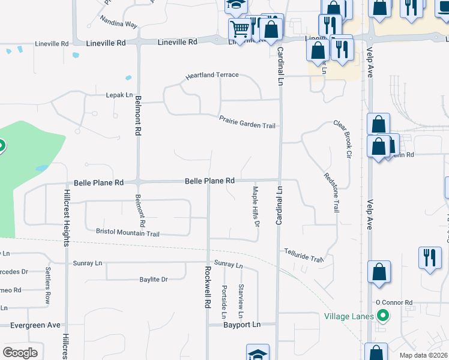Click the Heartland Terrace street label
(212, 76)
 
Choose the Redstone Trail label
(331, 192)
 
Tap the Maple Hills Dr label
(255, 206)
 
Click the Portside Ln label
(223, 302)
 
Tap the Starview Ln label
(241, 301)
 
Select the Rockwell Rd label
(207, 287)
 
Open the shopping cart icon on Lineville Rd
(239, 28)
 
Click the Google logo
(20, 352)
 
